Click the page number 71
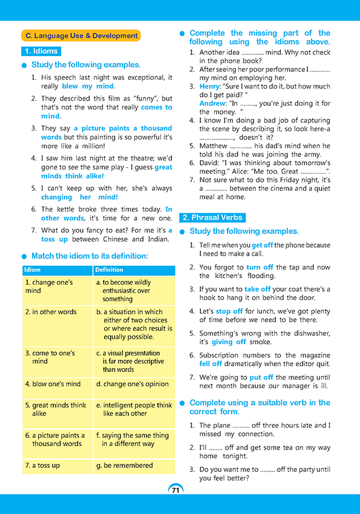click(x=176, y=490)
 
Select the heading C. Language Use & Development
click(x=81, y=35)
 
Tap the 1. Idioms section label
click(x=41, y=51)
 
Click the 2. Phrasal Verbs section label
click(x=213, y=217)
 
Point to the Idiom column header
click(x=33, y=270)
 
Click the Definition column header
click(x=109, y=270)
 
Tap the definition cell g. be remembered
click(x=134, y=466)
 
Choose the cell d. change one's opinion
click(x=134, y=384)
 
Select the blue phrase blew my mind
click(x=87, y=86)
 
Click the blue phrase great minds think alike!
click(x=106, y=171)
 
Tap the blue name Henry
click(x=209, y=86)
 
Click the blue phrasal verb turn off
click(x=260, y=267)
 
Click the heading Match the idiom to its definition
click(x=89, y=256)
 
